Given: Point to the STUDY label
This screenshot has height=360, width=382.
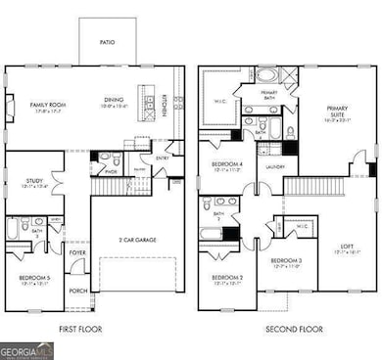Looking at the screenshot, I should coord(28,179).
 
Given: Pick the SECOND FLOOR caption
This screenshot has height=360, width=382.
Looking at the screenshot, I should coord(289,330).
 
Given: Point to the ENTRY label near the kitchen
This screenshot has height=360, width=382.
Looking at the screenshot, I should coord(162,156).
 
